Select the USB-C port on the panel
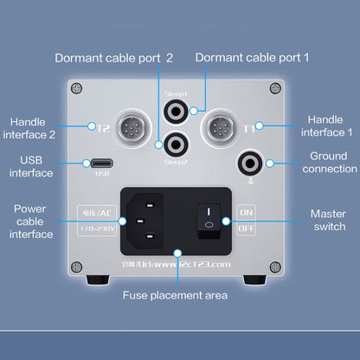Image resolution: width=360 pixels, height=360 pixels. pos(101,162)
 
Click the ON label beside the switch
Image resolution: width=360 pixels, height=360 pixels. pos(246,210)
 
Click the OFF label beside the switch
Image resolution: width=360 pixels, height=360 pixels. pos(246,229)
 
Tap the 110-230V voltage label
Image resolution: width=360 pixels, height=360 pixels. pos(98,229)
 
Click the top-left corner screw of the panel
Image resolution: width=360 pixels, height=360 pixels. pos(77,87)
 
